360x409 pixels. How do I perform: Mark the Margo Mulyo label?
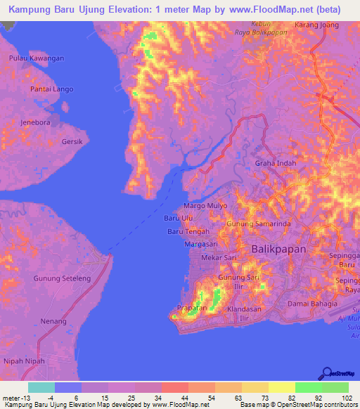click(x=205, y=206)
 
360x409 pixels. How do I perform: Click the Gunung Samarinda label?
click(x=257, y=223)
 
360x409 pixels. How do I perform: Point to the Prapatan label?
click(x=192, y=307)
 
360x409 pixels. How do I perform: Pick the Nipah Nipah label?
click(x=25, y=361)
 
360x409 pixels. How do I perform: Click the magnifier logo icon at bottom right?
click(x=327, y=373)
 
